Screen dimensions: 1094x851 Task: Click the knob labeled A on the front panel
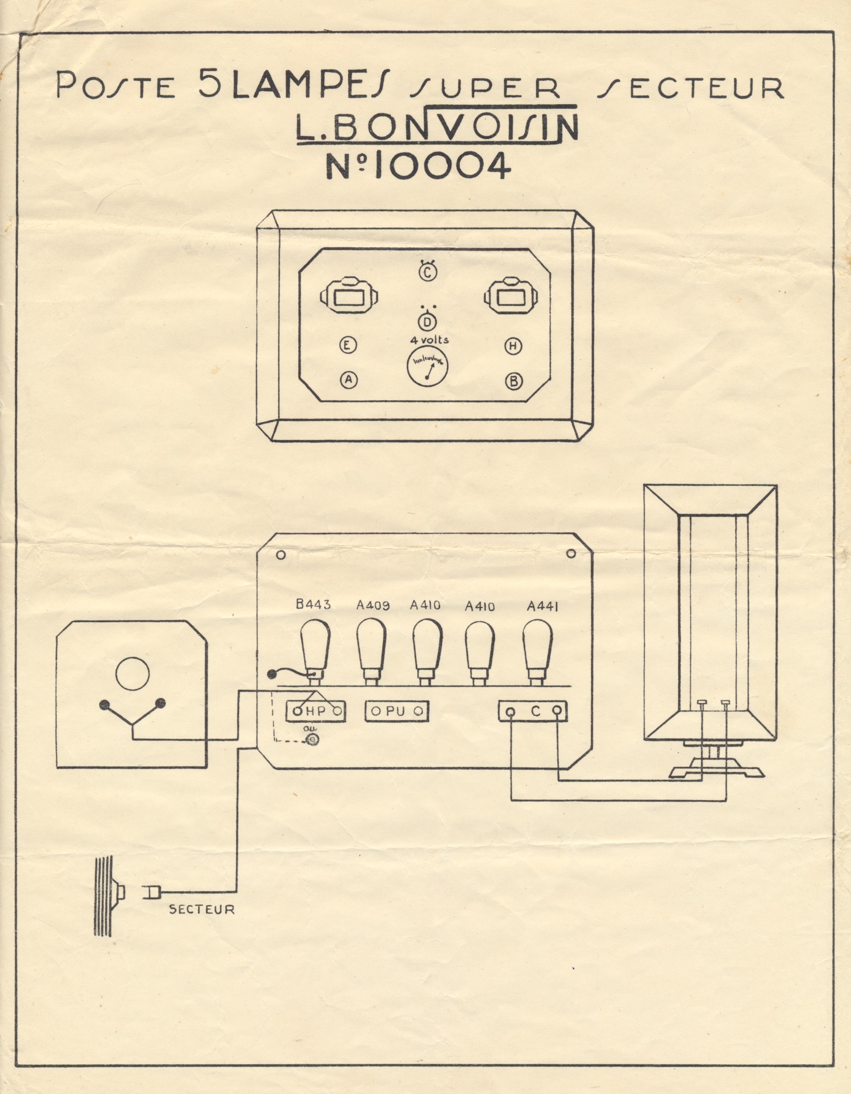point(349,380)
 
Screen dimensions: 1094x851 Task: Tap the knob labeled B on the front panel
point(514,382)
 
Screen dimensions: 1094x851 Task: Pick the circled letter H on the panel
point(513,346)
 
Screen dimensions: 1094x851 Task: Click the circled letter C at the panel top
point(427,273)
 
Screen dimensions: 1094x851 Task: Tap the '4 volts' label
point(430,340)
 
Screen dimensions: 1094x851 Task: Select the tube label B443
point(313,604)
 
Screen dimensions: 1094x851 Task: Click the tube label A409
point(374,605)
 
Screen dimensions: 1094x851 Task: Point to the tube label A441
point(542,606)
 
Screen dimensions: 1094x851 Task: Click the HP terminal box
point(317,711)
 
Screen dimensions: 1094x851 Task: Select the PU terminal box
point(397,711)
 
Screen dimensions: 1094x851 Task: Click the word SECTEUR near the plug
point(202,909)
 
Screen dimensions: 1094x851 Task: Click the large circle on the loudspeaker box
point(132,675)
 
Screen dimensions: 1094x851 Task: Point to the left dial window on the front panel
point(349,298)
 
